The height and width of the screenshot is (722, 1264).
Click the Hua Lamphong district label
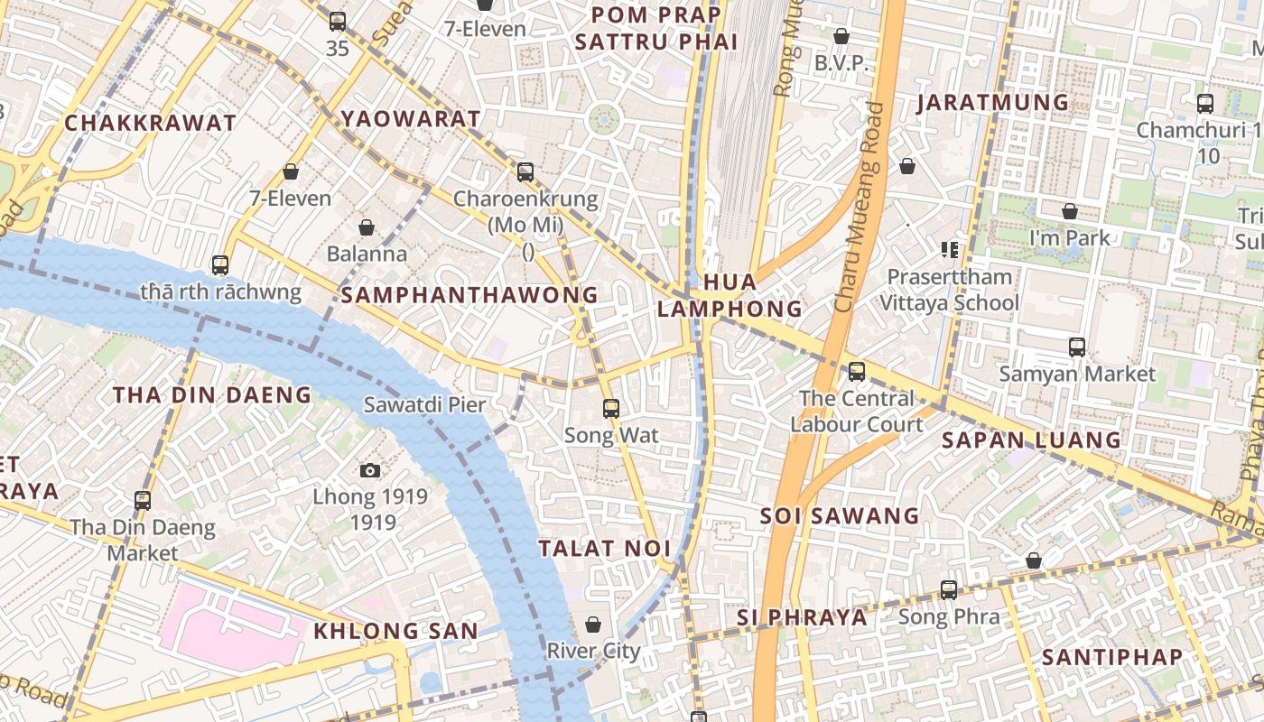pos(729,295)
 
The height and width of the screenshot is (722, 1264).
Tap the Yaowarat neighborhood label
pos(411,119)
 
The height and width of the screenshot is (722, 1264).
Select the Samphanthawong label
pos(469,295)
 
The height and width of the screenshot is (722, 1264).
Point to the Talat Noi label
pos(605,549)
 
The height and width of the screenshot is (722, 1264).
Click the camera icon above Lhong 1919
pos(369,470)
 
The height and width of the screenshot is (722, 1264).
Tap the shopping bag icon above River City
pos(593,625)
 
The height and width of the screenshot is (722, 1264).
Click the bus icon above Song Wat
pos(611,409)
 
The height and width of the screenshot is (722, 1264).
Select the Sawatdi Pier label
pos(424,405)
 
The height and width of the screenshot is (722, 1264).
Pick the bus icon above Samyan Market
pos(1076,347)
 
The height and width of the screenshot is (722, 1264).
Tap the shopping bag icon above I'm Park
pos(1070,212)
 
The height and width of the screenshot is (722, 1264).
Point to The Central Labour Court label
pos(856,411)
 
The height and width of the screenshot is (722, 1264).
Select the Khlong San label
pos(395,631)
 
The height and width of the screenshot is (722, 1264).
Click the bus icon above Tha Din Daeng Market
pos(143,501)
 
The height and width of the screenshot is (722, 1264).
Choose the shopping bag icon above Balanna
pos(367,227)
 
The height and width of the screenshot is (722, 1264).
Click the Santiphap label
pos(1112,657)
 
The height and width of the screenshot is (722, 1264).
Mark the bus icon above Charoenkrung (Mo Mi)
pos(525,172)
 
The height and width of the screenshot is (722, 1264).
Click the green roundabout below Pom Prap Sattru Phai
pos(604,118)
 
